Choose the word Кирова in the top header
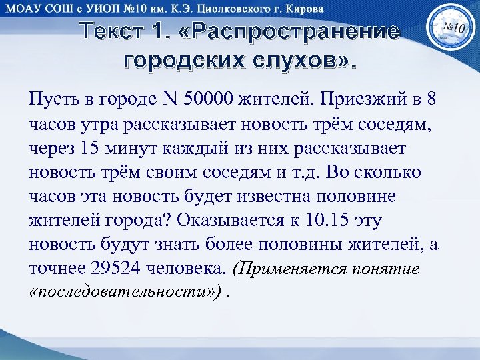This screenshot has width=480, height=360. (303, 9)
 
